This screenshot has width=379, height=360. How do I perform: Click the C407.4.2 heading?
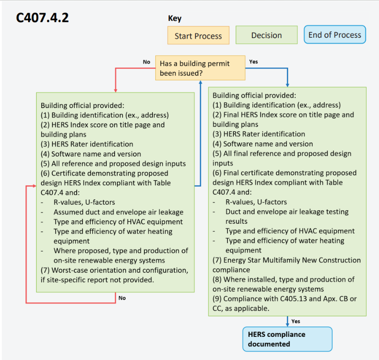[x=42, y=18]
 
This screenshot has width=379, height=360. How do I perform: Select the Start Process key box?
[x=198, y=35]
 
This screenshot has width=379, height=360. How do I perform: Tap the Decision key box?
[x=266, y=35]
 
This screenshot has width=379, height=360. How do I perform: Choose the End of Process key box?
[x=335, y=35]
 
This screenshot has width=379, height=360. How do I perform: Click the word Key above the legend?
[x=175, y=18]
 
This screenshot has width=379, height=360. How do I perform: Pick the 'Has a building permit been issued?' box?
[x=200, y=68]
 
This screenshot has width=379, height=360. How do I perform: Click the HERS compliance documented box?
[x=287, y=339]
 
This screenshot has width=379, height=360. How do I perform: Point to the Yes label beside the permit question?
[x=254, y=62]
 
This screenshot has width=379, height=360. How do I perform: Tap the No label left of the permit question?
[x=147, y=62]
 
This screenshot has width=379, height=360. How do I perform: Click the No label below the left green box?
[x=122, y=298]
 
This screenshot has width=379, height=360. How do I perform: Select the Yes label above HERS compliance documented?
[x=295, y=321]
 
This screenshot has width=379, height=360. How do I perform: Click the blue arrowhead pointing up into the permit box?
[x=200, y=83]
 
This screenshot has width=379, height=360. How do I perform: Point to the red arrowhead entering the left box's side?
[x=34, y=186]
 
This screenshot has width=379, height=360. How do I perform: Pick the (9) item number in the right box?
[x=217, y=299]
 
